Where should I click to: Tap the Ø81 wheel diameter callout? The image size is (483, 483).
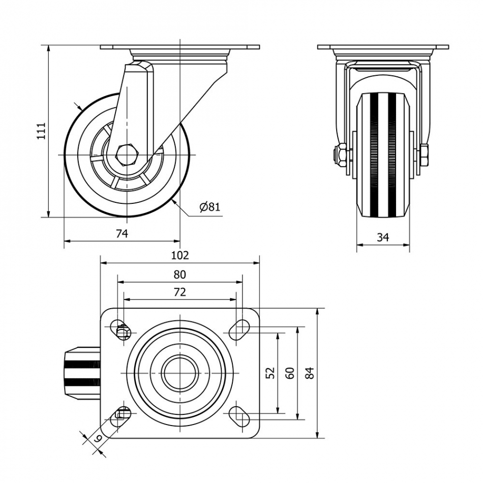(209, 207)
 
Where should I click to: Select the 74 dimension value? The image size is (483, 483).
(122, 233)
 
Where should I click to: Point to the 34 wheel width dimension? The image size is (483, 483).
(383, 237)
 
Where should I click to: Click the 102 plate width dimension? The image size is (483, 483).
(180, 255)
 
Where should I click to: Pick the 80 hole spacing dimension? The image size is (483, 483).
(180, 275)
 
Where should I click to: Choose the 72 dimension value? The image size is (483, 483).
(180, 292)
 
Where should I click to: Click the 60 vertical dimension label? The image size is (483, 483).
(290, 373)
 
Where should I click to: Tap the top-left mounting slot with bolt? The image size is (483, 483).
(123, 331)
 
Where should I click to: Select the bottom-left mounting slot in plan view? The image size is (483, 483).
(122, 415)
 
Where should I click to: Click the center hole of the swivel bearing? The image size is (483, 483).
(180, 373)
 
